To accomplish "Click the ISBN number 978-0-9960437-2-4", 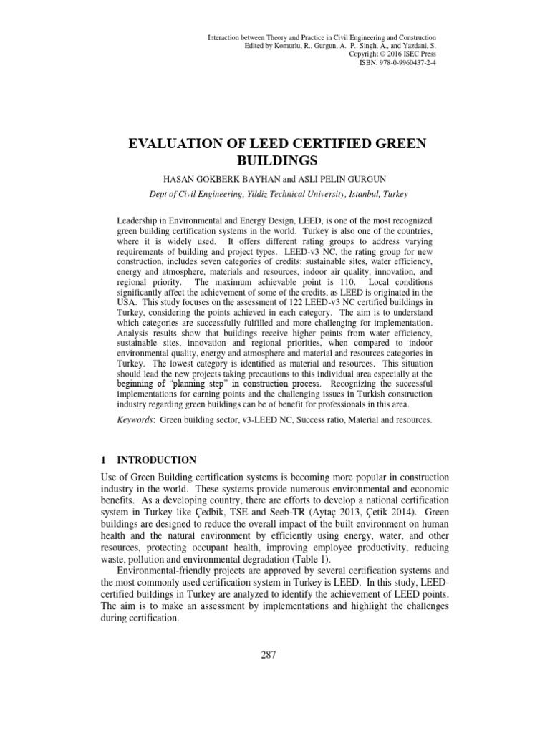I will (407, 63).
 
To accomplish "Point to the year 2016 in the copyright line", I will (392, 54).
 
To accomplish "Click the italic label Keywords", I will (135, 420).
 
